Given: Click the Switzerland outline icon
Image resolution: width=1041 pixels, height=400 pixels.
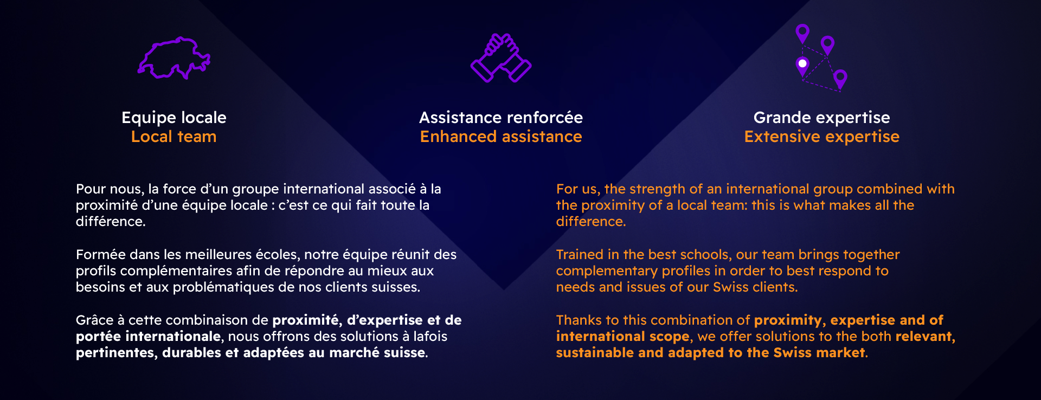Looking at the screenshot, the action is pyautogui.click(x=174, y=58).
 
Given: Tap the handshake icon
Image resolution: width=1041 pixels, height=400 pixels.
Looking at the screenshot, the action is pyautogui.click(x=501, y=58).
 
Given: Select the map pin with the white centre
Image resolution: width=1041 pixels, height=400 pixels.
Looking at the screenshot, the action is pyautogui.click(x=802, y=66).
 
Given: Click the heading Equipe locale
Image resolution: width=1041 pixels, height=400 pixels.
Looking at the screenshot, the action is pyautogui.click(x=174, y=118).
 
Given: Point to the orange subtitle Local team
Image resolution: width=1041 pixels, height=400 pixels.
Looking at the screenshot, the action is pyautogui.click(x=174, y=137).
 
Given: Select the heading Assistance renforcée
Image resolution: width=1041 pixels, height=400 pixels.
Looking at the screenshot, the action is pyautogui.click(x=501, y=118).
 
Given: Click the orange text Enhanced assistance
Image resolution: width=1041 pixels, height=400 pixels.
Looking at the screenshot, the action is pyautogui.click(x=501, y=137).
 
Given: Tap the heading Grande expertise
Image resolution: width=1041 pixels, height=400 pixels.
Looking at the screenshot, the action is pyautogui.click(x=822, y=118).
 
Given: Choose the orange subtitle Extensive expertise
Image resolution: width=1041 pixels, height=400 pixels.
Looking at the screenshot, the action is pyautogui.click(x=822, y=137).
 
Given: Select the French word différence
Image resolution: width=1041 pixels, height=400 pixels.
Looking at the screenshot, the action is pyautogui.click(x=111, y=222).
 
